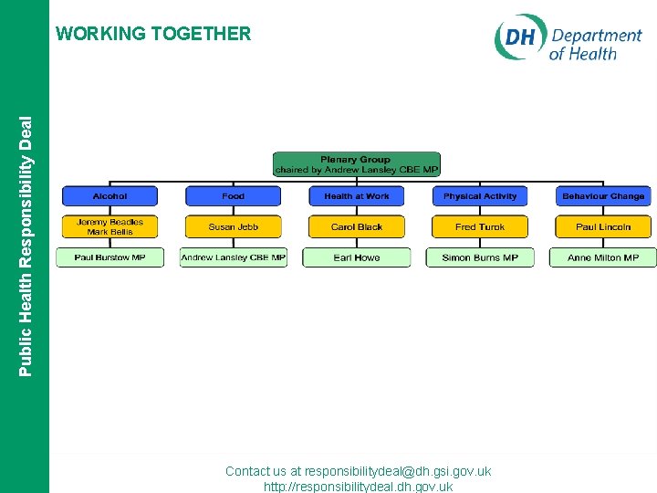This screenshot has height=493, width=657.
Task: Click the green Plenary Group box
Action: [x=356, y=164]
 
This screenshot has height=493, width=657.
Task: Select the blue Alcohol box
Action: [x=109, y=195]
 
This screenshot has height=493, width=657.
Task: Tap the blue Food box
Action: [x=234, y=195]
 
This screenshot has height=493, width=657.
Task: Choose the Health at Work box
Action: [x=357, y=195]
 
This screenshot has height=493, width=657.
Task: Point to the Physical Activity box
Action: [x=480, y=195]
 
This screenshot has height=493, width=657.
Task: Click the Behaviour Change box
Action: [x=603, y=195]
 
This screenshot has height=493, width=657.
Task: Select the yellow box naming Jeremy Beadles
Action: [x=109, y=226]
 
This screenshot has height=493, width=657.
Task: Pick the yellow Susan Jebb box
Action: [x=234, y=226]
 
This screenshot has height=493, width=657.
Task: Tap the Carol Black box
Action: [x=357, y=226]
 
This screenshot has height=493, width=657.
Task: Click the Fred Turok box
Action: [x=480, y=226]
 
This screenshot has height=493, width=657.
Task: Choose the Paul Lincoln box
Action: [x=603, y=226]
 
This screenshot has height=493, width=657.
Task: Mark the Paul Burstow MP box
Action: [x=109, y=257]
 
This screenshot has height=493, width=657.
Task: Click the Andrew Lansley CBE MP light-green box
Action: [x=234, y=257]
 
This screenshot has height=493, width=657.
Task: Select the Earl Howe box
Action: [x=357, y=257]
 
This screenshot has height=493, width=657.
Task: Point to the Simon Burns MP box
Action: [x=480, y=257]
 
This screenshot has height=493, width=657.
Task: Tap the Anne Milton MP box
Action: [x=603, y=257]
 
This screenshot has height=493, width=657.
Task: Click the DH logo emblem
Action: [x=520, y=38]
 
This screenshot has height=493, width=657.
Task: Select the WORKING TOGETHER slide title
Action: [x=153, y=34]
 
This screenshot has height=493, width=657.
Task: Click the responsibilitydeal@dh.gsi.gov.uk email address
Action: [x=398, y=471]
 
